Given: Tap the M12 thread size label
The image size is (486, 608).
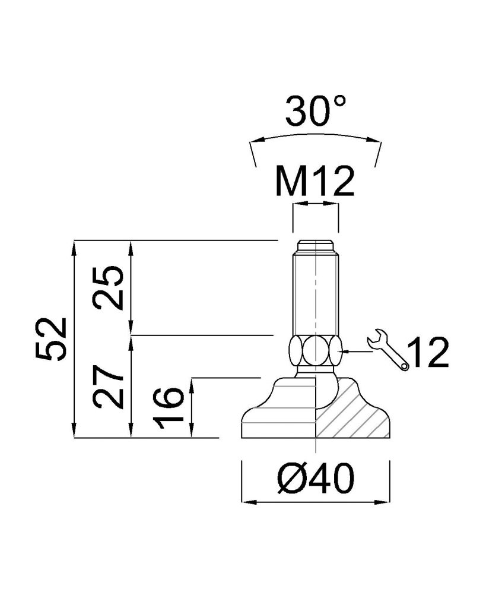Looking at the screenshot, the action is [315, 182].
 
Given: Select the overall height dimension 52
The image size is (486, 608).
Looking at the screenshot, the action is [52, 339].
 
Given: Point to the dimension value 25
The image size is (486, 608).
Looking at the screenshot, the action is [109, 287].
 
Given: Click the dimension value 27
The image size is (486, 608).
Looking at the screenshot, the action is [109, 387].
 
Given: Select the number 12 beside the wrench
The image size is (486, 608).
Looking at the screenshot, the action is [429, 352].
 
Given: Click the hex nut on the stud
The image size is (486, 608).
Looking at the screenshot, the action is [316, 350].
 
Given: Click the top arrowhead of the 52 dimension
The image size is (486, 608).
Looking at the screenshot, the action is [74, 247].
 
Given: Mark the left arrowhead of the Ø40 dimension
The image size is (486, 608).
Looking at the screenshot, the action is [249, 502].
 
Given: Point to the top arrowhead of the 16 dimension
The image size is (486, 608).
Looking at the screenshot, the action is [192, 386].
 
